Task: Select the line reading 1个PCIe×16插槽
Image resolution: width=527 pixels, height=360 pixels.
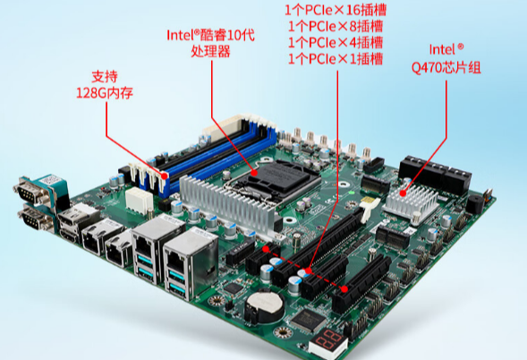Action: tap(335, 11)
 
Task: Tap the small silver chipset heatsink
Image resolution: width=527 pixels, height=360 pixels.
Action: tap(411, 198)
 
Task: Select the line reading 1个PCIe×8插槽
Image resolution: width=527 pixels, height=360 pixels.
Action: tap(335, 27)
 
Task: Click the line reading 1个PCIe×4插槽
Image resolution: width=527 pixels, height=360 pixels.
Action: tap(335, 43)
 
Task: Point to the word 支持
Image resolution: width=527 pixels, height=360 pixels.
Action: tap(104, 75)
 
